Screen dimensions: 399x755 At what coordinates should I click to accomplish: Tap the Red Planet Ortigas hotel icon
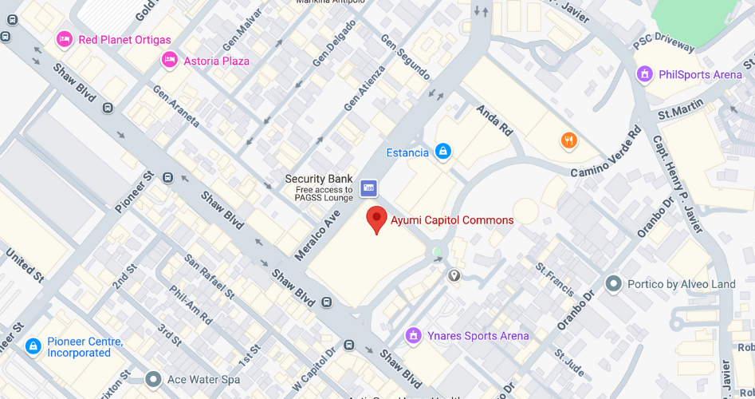pyautogui.click(x=65, y=39)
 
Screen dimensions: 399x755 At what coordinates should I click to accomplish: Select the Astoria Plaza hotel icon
pyautogui.click(x=169, y=60)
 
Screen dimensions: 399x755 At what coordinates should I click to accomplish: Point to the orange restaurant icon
pyautogui.click(x=568, y=141)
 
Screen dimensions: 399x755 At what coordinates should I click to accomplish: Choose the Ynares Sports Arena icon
pyautogui.click(x=413, y=335)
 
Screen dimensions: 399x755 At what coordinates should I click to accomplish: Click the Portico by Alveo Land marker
pyautogui.click(x=613, y=283)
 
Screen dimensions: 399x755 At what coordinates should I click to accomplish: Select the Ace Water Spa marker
pyautogui.click(x=154, y=379)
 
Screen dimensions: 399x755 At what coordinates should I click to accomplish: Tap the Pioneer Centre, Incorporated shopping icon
pyautogui.click(x=33, y=346)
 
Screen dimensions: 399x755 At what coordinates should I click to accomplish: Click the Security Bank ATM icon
pyautogui.click(x=368, y=188)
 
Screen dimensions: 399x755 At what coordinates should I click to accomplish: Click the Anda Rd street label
pyautogui.click(x=494, y=120)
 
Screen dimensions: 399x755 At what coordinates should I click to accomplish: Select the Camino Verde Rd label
pyautogui.click(x=605, y=152)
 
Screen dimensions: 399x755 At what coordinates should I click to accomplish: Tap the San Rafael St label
pyautogui.click(x=210, y=275)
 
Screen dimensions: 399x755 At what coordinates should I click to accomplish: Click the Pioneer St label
pyautogui.click(x=133, y=192)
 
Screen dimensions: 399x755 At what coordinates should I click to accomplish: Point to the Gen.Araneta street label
pyautogui.click(x=175, y=106)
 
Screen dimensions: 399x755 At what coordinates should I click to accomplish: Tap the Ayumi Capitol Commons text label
pyautogui.click(x=452, y=220)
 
